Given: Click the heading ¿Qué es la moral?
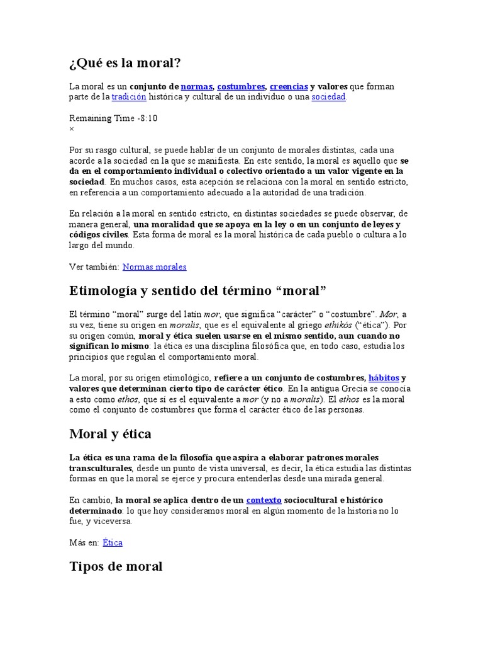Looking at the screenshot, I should (x=125, y=64).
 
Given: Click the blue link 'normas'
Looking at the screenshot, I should (x=196, y=86).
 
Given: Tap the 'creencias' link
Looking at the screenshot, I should (x=289, y=86).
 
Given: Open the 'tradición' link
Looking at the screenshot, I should (x=129, y=97).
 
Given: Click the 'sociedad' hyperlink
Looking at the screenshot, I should (x=328, y=97).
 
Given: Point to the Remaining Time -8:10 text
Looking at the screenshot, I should (x=113, y=118).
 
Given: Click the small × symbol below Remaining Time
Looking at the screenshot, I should (x=71, y=128).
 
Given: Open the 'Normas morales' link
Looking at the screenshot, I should (x=155, y=266).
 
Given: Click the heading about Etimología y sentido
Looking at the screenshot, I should (x=198, y=292).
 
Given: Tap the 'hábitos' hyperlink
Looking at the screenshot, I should (x=384, y=378).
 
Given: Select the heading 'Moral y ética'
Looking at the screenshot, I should (x=110, y=434).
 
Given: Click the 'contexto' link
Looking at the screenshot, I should (x=264, y=499).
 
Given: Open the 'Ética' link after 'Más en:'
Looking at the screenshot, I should (x=113, y=542).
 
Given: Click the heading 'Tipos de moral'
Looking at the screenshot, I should (x=116, y=566).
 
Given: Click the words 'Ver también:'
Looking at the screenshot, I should (x=94, y=266).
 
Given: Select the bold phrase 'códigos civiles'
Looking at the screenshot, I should (x=98, y=235).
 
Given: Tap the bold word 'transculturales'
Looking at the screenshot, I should (x=100, y=468).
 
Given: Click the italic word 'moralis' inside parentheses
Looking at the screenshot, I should (x=305, y=399).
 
